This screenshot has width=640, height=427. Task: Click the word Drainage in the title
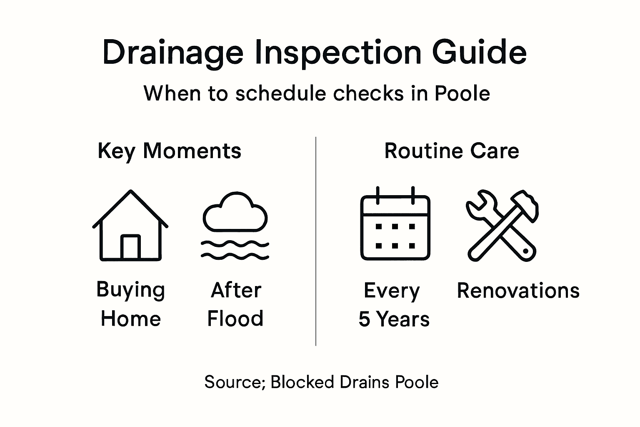[x=172, y=53]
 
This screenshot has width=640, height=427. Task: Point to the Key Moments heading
[x=169, y=151]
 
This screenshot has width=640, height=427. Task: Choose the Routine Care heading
[x=452, y=151]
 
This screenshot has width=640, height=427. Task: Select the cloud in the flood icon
[x=235, y=213]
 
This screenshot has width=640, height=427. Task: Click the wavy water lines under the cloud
[x=235, y=249]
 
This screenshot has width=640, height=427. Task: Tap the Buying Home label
[x=130, y=304]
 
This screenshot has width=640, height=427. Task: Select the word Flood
[x=235, y=319]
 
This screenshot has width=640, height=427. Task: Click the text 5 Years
[x=394, y=319]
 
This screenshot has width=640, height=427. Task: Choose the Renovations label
[x=518, y=291]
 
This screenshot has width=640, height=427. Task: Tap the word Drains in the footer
[x=365, y=382]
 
